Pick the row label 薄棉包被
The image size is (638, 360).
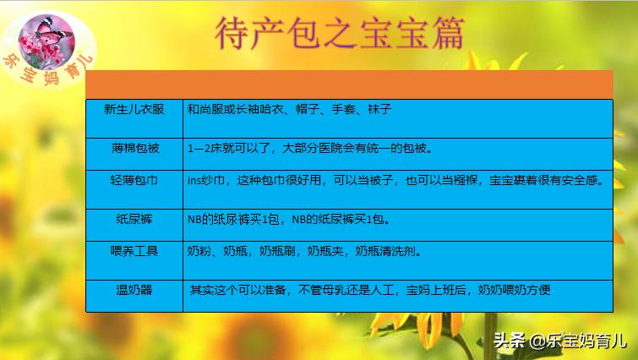134,148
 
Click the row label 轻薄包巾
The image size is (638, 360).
134,180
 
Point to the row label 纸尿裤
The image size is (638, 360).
134,219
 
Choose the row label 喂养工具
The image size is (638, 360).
134,251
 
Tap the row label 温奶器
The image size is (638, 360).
134,290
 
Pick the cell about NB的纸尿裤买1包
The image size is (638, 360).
288,219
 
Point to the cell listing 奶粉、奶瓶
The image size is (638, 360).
304,251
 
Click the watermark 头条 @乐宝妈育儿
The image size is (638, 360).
559,341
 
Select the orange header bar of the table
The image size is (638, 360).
349,84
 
